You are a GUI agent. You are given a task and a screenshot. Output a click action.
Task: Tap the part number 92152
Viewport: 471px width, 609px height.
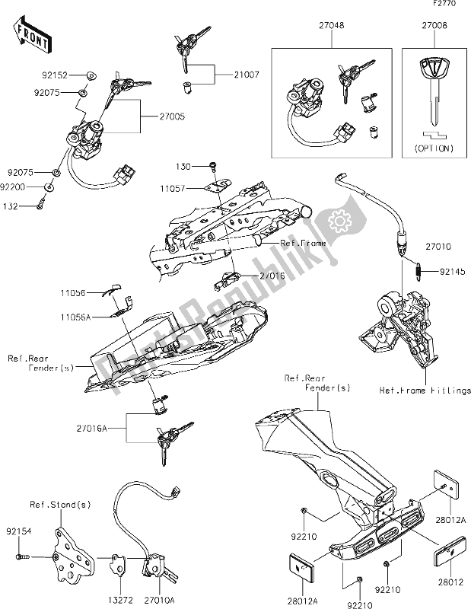[55, 75]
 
